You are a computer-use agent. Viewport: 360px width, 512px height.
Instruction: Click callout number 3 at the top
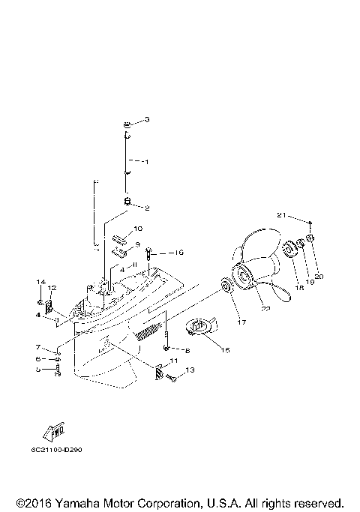click(x=147, y=120)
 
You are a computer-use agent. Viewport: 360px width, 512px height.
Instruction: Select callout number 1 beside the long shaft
click(x=147, y=161)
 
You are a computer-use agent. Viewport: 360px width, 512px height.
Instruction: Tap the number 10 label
click(x=138, y=229)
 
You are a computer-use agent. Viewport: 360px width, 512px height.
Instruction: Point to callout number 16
click(x=179, y=253)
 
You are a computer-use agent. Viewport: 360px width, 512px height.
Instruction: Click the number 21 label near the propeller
click(x=281, y=215)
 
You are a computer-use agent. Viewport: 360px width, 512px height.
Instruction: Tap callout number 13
click(x=190, y=370)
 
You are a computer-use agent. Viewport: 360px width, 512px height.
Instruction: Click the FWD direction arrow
click(x=53, y=433)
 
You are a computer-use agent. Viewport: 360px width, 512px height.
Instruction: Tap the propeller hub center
click(x=244, y=278)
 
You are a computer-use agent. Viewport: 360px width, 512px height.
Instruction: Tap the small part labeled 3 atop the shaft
click(x=129, y=123)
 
